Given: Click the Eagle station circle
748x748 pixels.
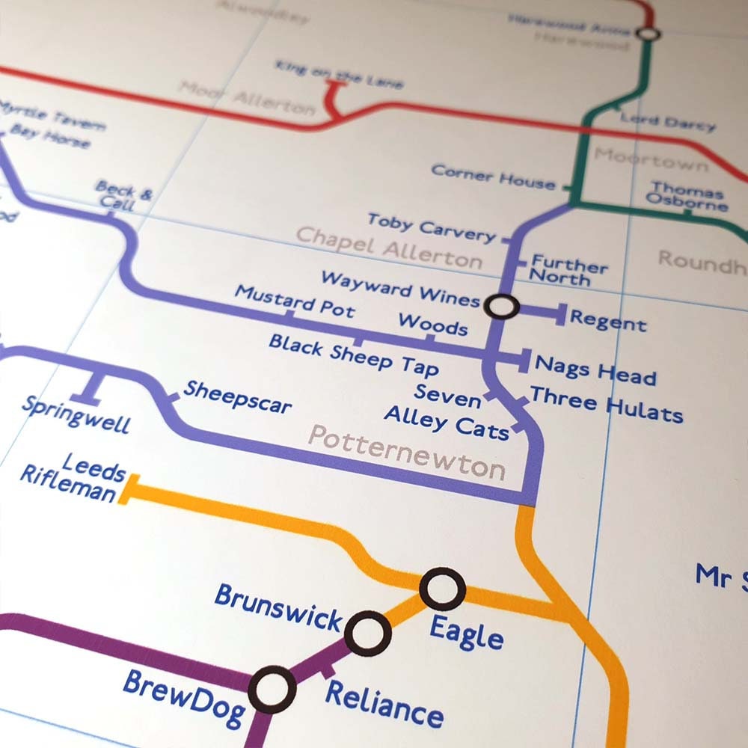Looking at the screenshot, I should (442, 589).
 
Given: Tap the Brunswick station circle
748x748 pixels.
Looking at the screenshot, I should (368, 634).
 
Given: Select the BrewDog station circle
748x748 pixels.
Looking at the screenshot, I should (272, 690).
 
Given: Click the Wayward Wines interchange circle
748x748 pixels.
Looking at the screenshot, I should (501, 305).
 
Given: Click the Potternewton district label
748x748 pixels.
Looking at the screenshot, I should (408, 452).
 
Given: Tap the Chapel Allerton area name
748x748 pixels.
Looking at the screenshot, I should (389, 247).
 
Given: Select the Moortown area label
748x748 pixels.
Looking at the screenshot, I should (651, 159).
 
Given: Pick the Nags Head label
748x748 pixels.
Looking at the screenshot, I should (595, 370).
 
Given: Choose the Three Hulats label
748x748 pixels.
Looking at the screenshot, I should (606, 404).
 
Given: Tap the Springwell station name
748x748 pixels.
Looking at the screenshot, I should (76, 414).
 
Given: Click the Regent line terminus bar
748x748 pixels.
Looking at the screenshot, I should (560, 315).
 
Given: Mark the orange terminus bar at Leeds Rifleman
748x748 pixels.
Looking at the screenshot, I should (123, 489).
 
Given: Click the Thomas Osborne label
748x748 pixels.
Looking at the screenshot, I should (687, 195).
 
